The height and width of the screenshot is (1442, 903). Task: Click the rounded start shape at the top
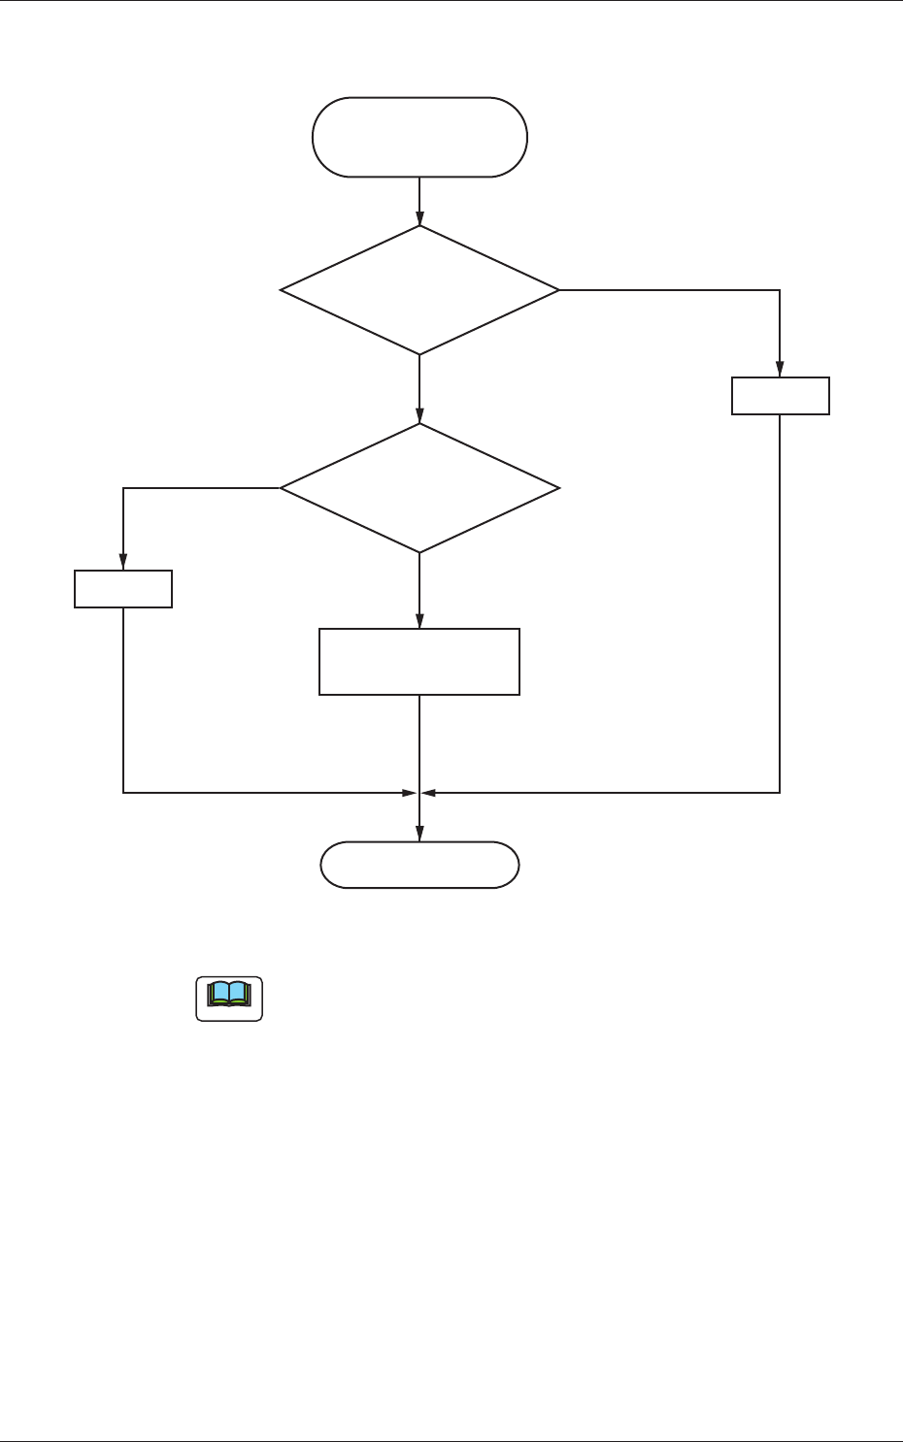[419, 137]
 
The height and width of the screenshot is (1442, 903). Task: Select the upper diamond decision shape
[419, 290]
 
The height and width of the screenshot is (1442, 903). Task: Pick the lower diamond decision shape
[419, 488]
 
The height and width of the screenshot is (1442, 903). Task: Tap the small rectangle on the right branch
[780, 396]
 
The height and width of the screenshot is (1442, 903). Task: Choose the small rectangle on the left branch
[123, 589]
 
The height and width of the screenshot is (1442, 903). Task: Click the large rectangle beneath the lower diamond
[419, 662]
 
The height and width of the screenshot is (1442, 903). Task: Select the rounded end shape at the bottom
[419, 865]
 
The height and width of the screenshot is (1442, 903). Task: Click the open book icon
[229, 999]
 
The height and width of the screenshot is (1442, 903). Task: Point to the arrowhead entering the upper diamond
[419, 219]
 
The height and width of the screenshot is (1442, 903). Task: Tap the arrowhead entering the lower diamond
[419, 417]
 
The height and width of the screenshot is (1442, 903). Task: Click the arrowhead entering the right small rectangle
[780, 371]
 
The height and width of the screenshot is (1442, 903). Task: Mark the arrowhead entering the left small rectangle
[123, 564]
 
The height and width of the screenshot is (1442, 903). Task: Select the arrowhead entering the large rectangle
[419, 622]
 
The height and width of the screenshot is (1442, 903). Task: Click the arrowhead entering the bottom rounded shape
[419, 836]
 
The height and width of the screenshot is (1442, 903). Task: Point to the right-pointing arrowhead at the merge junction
[410, 793]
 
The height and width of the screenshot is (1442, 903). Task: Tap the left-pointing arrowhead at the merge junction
[429, 793]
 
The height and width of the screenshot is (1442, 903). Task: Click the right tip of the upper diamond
[558, 290]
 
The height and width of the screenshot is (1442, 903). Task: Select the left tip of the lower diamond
[282, 488]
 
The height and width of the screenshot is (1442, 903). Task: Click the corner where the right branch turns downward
[780, 290]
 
